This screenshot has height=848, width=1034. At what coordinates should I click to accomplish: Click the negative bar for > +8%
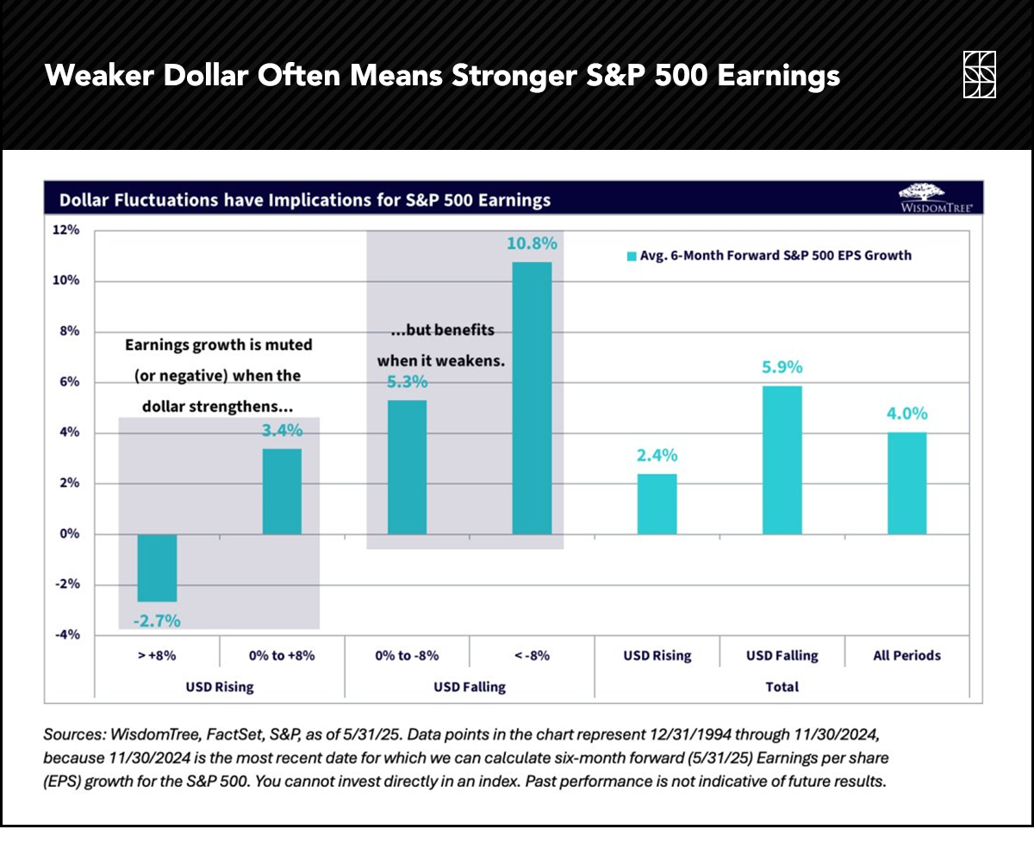click(x=158, y=568)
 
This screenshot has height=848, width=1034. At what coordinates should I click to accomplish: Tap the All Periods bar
click(x=907, y=483)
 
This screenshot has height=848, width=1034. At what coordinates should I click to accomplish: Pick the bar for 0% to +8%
click(x=282, y=491)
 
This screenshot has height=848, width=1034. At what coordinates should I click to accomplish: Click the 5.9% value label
click(x=782, y=367)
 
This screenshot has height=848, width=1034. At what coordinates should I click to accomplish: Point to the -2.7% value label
click(x=157, y=620)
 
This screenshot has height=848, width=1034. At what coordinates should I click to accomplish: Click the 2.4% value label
click(x=657, y=455)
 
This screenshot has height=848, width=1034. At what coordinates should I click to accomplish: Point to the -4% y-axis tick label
click(x=67, y=635)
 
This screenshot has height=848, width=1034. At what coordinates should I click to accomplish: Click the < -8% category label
click(x=532, y=655)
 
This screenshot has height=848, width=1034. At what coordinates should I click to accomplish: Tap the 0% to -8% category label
click(x=407, y=655)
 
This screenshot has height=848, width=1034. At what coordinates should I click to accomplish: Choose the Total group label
click(x=782, y=687)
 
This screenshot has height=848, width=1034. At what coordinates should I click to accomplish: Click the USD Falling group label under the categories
click(x=469, y=687)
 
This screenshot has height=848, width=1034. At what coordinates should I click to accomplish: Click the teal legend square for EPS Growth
click(x=631, y=256)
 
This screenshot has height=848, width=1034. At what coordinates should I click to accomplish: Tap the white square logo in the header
click(x=980, y=75)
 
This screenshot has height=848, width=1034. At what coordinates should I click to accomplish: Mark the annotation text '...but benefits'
click(x=436, y=331)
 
